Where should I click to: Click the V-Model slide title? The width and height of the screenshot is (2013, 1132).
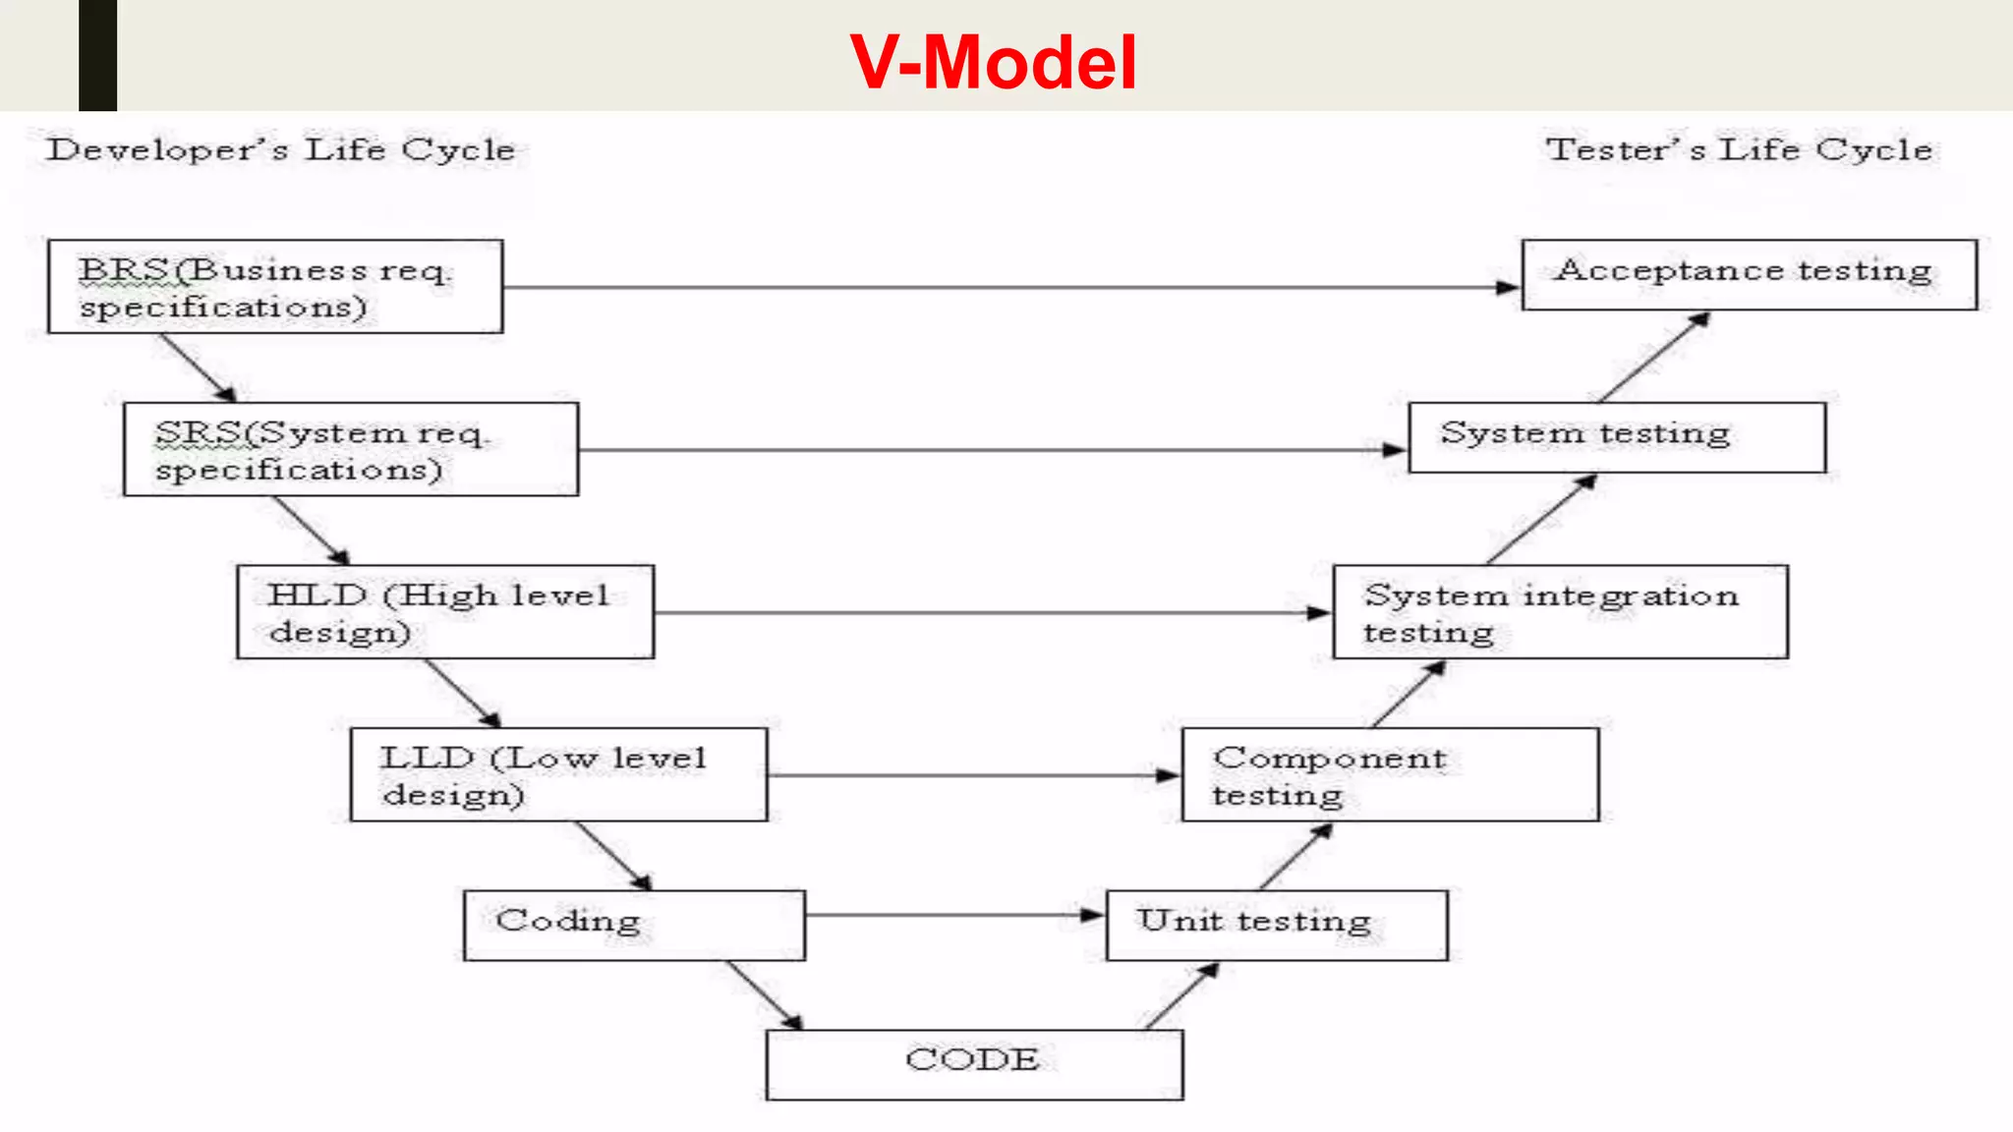pyautogui.click(x=993, y=63)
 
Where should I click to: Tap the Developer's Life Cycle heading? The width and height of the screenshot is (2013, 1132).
pyautogui.click(x=280, y=150)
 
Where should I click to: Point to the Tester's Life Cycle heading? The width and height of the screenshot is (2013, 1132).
pyautogui.click(x=1739, y=150)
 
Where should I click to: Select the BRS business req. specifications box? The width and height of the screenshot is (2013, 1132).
pyautogui.click(x=275, y=287)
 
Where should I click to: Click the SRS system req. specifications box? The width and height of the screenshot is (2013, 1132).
pyautogui.click(x=351, y=449)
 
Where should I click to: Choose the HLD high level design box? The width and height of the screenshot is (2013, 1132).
pyautogui.click(x=445, y=612)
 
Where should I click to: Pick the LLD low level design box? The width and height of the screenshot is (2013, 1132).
pyautogui.click(x=558, y=774)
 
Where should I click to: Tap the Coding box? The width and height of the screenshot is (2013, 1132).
pyautogui.click(x=634, y=925)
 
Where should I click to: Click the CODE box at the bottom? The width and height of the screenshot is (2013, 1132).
pyautogui.click(x=974, y=1064)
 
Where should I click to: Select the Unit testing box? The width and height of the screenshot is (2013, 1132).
pyautogui.click(x=1277, y=925)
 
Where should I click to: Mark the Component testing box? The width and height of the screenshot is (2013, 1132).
pyautogui.click(x=1390, y=774)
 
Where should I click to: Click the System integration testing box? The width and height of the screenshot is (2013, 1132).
pyautogui.click(x=1560, y=612)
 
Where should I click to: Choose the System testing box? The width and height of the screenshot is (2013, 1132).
pyautogui.click(x=1617, y=437)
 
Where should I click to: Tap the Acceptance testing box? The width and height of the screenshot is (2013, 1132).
pyautogui.click(x=1749, y=274)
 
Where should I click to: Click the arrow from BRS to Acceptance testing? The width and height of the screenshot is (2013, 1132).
pyautogui.click(x=1012, y=288)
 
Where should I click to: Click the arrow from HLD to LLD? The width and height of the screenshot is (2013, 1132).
pyautogui.click(x=463, y=694)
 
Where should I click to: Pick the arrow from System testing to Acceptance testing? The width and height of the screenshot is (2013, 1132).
pyautogui.click(x=1654, y=358)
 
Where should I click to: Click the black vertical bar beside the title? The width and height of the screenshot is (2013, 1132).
pyautogui.click(x=97, y=55)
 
